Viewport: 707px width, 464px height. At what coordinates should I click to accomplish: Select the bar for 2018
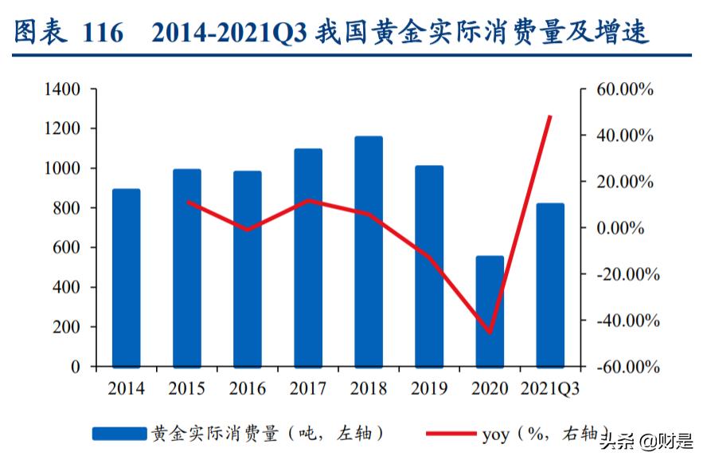pos(369,251)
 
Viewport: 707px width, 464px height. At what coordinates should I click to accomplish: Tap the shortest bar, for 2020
pos(490,311)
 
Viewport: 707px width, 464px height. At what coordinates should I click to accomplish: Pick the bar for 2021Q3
pos(550,285)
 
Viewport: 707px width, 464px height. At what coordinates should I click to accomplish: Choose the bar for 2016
pos(247,269)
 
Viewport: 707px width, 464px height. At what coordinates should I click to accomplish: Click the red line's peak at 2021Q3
pos(550,116)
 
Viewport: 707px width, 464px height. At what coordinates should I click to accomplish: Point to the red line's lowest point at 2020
pos(490,333)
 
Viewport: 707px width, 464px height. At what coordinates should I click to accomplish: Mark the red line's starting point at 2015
pos(187,202)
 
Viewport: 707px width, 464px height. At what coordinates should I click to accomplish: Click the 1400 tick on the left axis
pos(62,89)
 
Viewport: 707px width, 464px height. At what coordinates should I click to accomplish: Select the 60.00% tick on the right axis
pos(623,89)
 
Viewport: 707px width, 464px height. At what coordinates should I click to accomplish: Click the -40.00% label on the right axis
pos(622,320)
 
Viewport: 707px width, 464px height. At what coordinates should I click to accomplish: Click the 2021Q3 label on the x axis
pos(550,389)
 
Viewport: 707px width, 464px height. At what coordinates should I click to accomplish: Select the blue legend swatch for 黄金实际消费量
pos(119,434)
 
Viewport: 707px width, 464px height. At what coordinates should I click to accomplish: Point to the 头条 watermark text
pos(617,439)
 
